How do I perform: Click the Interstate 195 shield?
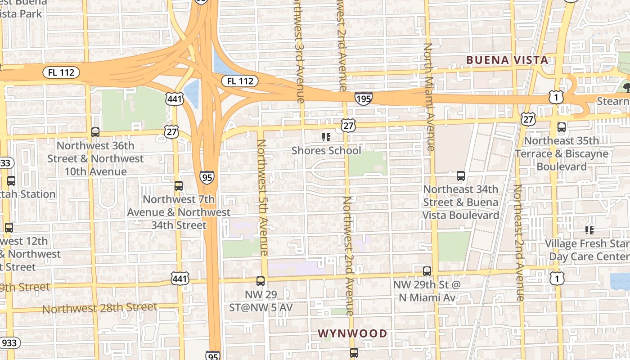pyautogui.click(x=363, y=99)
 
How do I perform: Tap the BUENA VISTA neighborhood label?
pyautogui.click(x=507, y=60)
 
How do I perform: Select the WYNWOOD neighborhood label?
pyautogui.click(x=352, y=333)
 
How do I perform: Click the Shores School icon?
pyautogui.click(x=326, y=137)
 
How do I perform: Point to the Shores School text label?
pyautogui.click(x=326, y=150)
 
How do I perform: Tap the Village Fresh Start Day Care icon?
pyautogui.click(x=589, y=230)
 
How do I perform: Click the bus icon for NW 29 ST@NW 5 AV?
pyautogui.click(x=261, y=281)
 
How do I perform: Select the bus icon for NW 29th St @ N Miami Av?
pyautogui.click(x=427, y=271)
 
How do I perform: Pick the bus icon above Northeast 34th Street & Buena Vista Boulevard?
pyautogui.click(x=461, y=176)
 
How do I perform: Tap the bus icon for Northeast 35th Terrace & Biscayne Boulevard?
pyautogui.click(x=562, y=127)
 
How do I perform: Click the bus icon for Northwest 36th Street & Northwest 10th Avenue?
pyautogui.click(x=95, y=132)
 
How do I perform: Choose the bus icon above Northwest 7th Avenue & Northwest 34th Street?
pyautogui.click(x=179, y=186)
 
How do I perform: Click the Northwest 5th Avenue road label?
pyautogui.click(x=262, y=197)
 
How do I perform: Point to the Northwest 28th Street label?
pyautogui.click(x=99, y=308)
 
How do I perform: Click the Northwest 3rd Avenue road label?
pyautogui.click(x=299, y=52)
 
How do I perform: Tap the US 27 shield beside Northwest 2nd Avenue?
pyautogui.click(x=348, y=126)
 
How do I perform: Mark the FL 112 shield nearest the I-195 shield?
pyautogui.click(x=240, y=81)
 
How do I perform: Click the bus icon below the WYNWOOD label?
pyautogui.click(x=354, y=352)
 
